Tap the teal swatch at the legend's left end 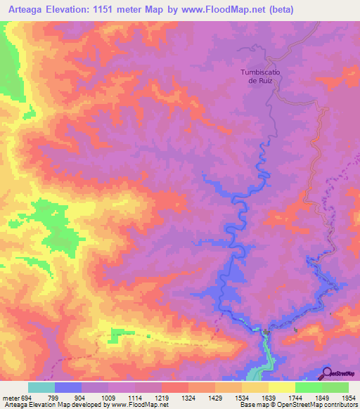(41, 387)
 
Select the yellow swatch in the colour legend (281, 387)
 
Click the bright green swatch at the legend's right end (335, 387)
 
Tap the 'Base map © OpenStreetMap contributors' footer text (298, 404)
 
